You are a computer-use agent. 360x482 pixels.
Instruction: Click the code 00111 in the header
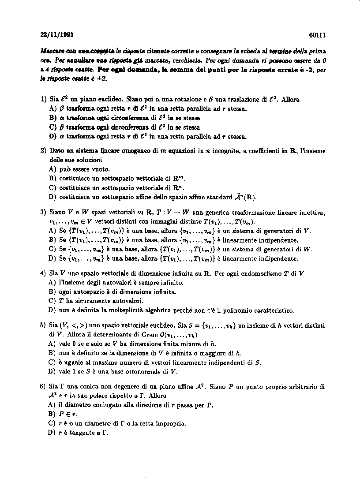(317, 35)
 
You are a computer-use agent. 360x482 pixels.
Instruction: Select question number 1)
(43, 100)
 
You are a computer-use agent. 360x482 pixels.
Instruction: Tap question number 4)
(43, 273)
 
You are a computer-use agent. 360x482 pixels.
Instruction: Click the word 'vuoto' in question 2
(102, 169)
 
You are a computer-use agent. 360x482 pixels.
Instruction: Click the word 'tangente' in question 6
(79, 433)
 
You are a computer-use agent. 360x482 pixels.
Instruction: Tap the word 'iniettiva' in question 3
(311, 213)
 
